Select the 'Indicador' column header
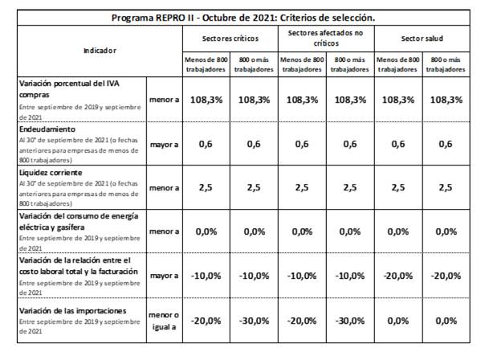100,51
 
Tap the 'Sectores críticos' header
230,39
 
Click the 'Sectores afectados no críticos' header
326,38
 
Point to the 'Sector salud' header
422,39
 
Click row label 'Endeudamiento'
47,129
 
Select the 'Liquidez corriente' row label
51,173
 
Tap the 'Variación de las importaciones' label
72,311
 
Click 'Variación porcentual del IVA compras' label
69,89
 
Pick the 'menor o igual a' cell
164,321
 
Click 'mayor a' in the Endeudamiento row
164,145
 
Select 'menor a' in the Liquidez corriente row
164,188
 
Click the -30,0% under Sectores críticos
254,321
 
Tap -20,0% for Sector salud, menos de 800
398,276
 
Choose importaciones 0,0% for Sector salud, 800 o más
446,321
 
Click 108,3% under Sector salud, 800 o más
446,100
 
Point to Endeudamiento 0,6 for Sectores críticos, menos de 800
206,144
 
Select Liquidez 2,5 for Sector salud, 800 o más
446,187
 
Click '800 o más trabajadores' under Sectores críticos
254,64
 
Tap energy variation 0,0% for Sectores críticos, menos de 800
206,232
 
